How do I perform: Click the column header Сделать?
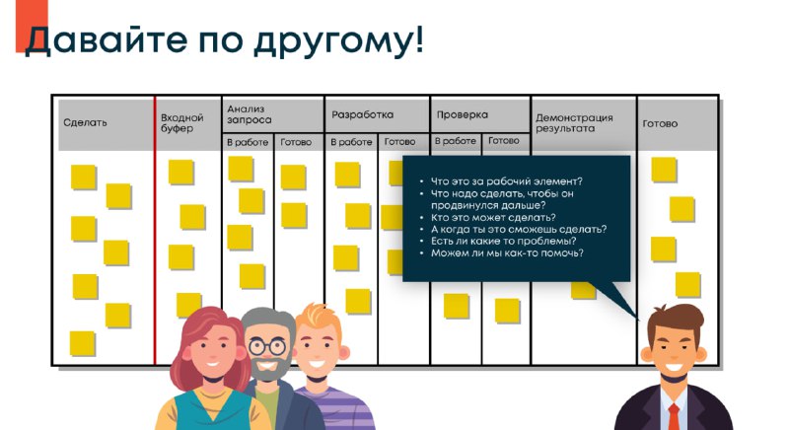point(85,122)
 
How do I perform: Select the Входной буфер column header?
point(182,123)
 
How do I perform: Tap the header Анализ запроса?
point(250,114)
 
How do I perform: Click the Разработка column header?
point(362,114)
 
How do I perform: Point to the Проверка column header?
point(463,114)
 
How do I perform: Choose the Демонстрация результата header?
point(574,123)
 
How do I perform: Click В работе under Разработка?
point(351,142)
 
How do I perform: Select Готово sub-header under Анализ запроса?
point(296,142)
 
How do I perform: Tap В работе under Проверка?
point(456,141)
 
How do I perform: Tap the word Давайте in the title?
point(107,39)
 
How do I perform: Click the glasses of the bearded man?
point(266,346)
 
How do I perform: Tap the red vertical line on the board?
point(155,230)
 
